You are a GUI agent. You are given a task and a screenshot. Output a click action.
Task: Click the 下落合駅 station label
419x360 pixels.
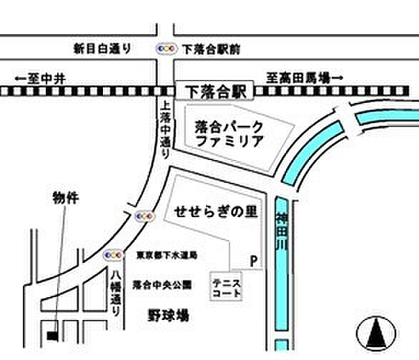click(x=215, y=91)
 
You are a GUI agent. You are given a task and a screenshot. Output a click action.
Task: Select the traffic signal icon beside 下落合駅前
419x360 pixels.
click(x=166, y=49)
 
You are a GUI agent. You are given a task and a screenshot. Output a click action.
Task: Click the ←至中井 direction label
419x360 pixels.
click(x=40, y=77)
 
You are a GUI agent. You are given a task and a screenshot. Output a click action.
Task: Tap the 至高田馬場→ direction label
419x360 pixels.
click(x=305, y=76)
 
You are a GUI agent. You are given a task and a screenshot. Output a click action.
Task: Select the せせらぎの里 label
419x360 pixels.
click(x=215, y=212)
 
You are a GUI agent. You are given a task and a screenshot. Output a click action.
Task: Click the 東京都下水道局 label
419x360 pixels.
click(x=167, y=255)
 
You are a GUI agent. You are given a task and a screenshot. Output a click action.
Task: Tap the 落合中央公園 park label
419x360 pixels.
click(x=163, y=284)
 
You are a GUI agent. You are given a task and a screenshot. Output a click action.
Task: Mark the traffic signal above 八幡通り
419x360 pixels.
click(x=113, y=254)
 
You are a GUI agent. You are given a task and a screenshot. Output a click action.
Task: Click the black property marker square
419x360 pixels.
click(x=51, y=334)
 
